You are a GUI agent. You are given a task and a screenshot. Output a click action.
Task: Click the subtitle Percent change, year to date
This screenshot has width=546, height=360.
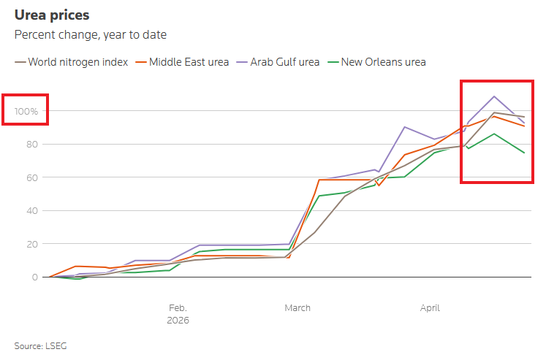point(90,34)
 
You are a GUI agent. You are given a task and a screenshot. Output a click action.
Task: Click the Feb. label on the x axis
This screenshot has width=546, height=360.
point(178,307)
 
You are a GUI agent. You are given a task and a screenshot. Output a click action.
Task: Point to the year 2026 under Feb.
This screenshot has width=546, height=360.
point(178,320)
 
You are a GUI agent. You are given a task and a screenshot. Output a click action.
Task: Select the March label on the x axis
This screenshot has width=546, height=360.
point(297,307)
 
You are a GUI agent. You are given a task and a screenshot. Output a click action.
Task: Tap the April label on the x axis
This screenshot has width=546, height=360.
point(430,307)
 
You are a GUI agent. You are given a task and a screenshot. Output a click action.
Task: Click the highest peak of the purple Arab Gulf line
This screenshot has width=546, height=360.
point(495,96)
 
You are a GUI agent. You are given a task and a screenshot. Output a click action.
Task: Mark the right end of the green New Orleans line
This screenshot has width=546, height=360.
point(524,153)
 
